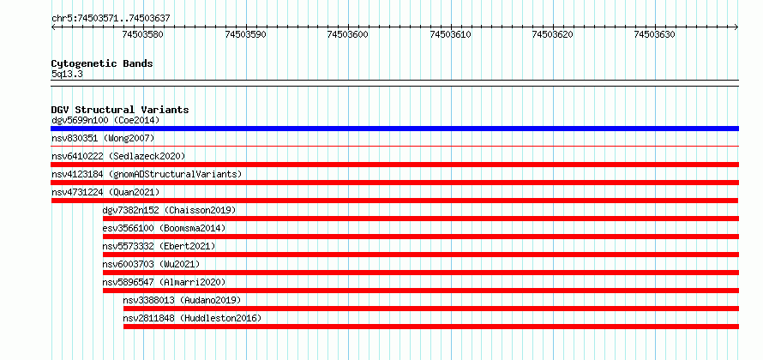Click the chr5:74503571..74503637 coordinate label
(111, 19)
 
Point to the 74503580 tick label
(143, 34)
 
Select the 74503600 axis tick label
(348, 34)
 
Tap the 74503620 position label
(552, 34)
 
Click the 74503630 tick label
(654, 34)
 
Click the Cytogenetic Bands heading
(102, 63)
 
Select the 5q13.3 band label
(67, 74)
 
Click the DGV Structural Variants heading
(120, 110)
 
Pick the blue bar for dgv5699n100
(394, 129)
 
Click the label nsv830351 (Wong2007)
(103, 139)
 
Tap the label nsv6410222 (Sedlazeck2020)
(118, 156)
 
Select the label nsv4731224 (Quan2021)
(105, 192)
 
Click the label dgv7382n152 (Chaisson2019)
(170, 210)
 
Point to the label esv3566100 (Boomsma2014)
(165, 228)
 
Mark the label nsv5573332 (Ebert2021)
(159, 246)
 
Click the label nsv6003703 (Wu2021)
(152, 264)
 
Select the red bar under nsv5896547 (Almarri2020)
(420, 291)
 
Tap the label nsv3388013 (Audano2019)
(182, 300)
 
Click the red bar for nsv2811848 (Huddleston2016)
(431, 327)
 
